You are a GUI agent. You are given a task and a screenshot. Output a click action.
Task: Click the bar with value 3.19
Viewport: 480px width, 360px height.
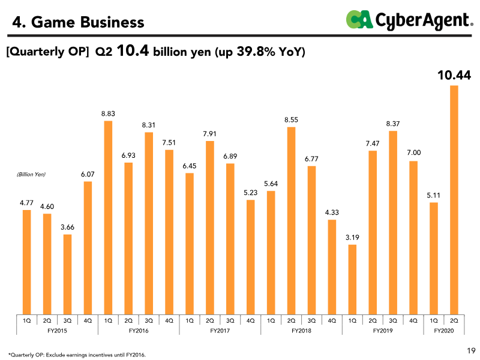(352, 279)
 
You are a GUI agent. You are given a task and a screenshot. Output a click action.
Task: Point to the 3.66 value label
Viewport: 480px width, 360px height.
(67, 227)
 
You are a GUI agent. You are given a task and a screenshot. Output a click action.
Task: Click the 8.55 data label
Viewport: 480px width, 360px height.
(292, 120)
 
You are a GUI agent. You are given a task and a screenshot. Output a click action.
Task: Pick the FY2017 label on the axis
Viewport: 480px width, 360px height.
(220, 331)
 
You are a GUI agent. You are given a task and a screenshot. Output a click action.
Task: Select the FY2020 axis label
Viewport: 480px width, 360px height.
(443, 331)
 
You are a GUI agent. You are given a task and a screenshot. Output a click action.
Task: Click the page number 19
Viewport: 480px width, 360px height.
(470, 350)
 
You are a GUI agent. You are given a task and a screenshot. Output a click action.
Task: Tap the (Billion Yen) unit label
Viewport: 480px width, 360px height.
(31, 174)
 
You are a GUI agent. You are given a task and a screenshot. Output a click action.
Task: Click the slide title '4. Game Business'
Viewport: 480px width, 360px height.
(79, 23)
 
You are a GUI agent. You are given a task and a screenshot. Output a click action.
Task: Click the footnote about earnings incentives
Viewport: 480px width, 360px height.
(77, 355)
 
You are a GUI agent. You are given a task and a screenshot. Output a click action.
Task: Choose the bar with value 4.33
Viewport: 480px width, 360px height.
(332, 266)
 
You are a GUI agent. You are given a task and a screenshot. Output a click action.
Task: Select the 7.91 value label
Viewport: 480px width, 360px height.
(210, 133)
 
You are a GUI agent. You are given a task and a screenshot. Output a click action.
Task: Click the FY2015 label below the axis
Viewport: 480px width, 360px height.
(57, 331)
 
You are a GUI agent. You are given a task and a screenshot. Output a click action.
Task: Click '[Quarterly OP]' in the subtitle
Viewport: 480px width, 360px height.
(48, 53)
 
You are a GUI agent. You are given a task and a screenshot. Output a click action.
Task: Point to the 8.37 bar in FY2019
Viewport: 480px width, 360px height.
(393, 222)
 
